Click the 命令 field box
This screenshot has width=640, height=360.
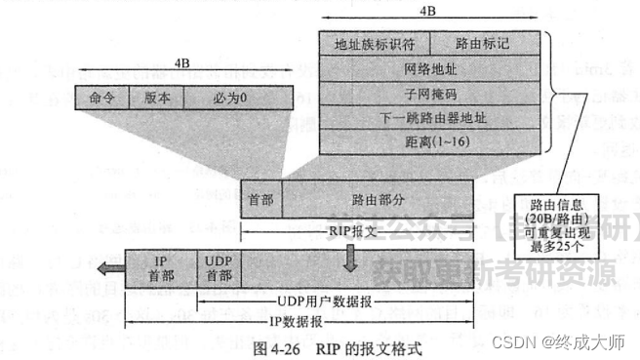[101, 99]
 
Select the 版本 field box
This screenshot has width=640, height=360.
[156, 99]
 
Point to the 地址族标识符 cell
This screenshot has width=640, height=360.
[374, 44]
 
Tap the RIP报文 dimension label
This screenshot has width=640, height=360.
[353, 229]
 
